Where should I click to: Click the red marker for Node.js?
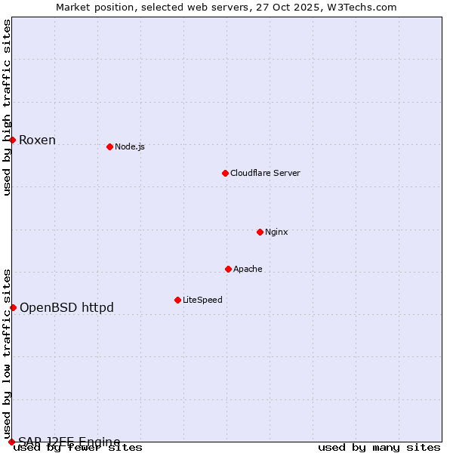tap(109, 146)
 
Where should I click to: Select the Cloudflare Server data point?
tap(225, 173)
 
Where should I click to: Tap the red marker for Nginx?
tap(260, 232)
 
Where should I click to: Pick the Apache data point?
tap(228, 269)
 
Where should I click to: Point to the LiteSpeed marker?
tap(177, 300)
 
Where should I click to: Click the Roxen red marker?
tap(12, 140)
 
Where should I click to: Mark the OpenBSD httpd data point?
tap(13, 307)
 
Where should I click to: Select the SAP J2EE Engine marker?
tap(11, 442)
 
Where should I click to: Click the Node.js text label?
tap(130, 146)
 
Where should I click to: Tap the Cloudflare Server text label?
tap(265, 173)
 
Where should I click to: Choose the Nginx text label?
tap(276, 232)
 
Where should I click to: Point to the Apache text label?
tap(248, 269)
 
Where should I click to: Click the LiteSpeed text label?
tap(202, 300)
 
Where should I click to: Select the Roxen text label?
tap(37, 140)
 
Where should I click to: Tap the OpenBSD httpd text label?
tap(66, 307)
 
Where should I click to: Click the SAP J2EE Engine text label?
tap(69, 442)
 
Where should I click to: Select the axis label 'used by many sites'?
tap(379, 448)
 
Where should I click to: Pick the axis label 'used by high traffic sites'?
tap(7, 108)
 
